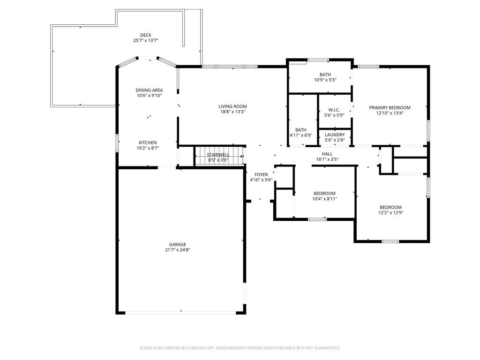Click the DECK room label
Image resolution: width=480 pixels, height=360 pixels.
(x=146, y=35)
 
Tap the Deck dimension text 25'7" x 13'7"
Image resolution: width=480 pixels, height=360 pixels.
(x=146, y=40)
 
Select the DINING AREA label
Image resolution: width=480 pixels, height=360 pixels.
(x=149, y=90)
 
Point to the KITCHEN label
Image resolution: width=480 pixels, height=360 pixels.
(x=148, y=142)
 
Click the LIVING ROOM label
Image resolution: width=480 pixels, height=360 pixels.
(x=232, y=106)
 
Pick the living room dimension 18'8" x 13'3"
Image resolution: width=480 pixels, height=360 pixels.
(x=232, y=112)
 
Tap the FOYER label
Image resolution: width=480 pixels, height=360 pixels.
(x=261, y=175)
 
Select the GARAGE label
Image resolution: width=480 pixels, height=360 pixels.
(x=178, y=245)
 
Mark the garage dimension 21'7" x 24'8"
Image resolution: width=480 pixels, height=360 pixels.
(x=178, y=250)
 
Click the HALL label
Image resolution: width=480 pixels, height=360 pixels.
(x=327, y=154)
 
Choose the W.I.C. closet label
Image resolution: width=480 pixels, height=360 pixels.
(x=334, y=110)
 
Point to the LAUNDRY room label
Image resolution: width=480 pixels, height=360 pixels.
(x=335, y=135)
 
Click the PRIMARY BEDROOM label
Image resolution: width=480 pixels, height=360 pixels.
(x=390, y=108)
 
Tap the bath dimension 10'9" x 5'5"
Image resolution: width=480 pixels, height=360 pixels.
(x=325, y=80)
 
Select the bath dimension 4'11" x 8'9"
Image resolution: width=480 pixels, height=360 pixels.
(x=301, y=135)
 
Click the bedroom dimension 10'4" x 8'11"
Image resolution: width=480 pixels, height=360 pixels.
(x=324, y=199)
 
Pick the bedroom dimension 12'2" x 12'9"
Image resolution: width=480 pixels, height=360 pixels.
(x=390, y=212)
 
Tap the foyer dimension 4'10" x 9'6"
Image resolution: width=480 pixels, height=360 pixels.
(x=261, y=180)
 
